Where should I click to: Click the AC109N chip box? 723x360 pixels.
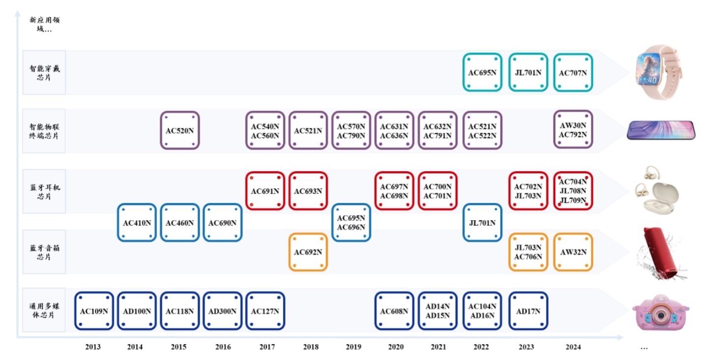point(94,311)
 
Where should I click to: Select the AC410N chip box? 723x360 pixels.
point(137,223)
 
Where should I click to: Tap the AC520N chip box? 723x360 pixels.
point(180,130)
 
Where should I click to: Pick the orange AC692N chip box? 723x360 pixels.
point(308,252)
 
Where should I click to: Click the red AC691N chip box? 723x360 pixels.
point(265,191)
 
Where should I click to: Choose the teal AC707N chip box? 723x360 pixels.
point(573,73)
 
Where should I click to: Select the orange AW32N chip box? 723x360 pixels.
point(573,252)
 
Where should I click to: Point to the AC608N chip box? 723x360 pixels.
point(394,311)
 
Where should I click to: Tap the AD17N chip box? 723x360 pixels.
point(528,311)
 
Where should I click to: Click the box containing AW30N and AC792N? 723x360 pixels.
point(573,130)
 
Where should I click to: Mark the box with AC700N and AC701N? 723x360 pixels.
point(437,191)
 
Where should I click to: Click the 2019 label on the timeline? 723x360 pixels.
point(353,347)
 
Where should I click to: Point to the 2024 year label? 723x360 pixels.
point(573,347)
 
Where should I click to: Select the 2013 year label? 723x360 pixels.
point(92,347)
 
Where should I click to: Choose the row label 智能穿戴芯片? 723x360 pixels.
point(44,73)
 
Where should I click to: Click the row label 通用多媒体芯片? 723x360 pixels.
point(44,310)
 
